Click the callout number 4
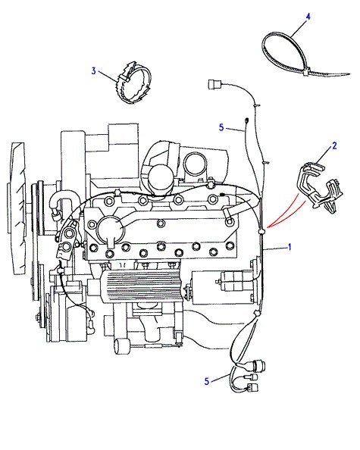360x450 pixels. pyautogui.click(x=308, y=17)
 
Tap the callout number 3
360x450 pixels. pyautogui.click(x=93, y=70)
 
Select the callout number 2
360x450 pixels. pyautogui.click(x=334, y=145)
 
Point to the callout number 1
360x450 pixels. pyautogui.click(x=290, y=247)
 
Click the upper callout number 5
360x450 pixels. pyautogui.click(x=221, y=127)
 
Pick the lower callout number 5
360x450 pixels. pyautogui.click(x=207, y=381)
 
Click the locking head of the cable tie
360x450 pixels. pyautogui.click(x=305, y=71)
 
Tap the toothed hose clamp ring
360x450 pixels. pyautogui.click(x=134, y=83)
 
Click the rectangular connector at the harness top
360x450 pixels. pyautogui.click(x=214, y=85)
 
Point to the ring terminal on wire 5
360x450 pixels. pyautogui.click(x=246, y=120)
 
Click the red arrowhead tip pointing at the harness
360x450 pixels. pyautogui.click(x=267, y=227)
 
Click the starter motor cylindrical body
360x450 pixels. pyautogui.click(x=224, y=288)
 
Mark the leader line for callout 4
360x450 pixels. pyautogui.click(x=299, y=28)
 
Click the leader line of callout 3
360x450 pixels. pyautogui.click(x=108, y=76)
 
